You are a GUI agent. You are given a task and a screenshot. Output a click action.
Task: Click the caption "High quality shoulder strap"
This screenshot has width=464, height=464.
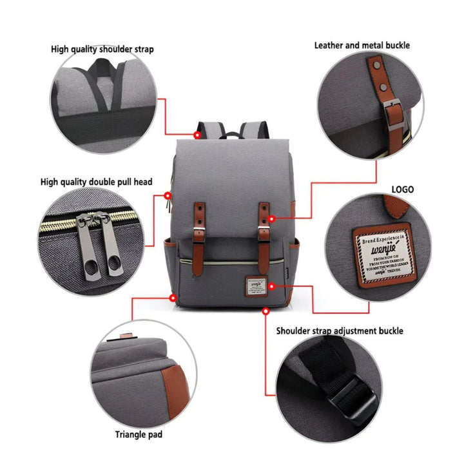click(102, 49)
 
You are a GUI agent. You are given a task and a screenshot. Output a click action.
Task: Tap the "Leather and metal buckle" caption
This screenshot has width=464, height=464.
click(362, 45)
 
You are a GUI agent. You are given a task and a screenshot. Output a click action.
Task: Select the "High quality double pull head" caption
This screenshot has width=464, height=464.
click(96, 182)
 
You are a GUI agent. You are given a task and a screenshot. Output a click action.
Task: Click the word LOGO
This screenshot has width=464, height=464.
click(403, 189)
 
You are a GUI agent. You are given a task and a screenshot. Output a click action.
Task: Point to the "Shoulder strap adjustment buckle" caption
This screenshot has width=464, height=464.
click(340, 331)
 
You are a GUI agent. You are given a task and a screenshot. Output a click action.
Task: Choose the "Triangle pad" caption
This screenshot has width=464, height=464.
click(139, 434)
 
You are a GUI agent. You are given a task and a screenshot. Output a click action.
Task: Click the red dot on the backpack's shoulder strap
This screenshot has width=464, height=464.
click(197, 135)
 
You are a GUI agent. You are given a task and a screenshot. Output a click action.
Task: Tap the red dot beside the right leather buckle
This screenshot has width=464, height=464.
click(271, 218)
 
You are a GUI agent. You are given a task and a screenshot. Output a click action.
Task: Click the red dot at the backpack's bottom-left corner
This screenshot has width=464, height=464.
click(173, 297)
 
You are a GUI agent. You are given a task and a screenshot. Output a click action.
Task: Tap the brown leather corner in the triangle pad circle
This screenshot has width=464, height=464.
click(173, 387)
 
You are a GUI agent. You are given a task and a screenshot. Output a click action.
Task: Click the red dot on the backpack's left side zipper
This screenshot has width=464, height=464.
click(168, 195)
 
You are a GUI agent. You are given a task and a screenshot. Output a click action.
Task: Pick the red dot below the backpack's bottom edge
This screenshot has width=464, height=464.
click(266, 311)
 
